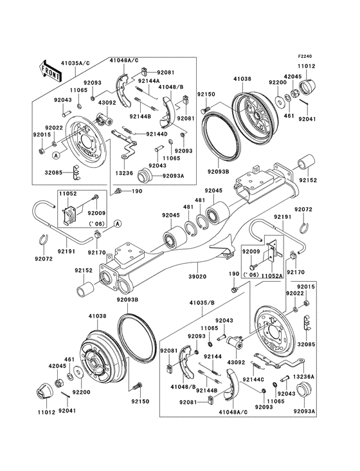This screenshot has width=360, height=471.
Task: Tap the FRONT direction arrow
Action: (x=51, y=69)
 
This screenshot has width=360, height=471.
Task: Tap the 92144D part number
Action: (x=156, y=134)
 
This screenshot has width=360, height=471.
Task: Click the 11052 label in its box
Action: (x=67, y=193)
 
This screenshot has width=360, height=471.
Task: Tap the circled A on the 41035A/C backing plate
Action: (x=57, y=155)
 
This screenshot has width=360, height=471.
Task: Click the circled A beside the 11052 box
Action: (x=118, y=223)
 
